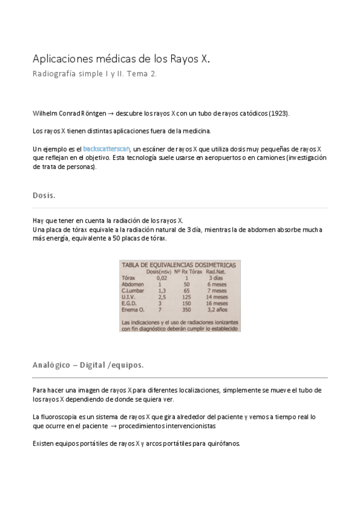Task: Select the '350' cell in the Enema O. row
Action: [186, 310]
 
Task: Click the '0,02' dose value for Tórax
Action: [162, 278]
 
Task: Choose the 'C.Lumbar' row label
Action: [133, 291]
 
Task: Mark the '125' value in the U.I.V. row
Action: [186, 297]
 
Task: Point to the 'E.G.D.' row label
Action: [130, 304]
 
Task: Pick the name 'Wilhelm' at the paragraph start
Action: [44, 113]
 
